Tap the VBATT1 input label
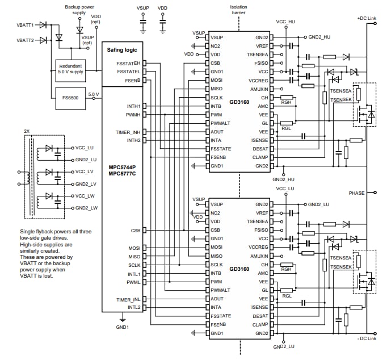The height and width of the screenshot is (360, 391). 25,25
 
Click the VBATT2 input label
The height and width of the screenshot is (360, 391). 25,41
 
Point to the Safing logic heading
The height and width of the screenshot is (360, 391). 123,50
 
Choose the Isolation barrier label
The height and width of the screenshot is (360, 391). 238,10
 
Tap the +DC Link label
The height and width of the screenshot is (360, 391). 367,18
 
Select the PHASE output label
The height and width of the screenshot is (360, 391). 356,193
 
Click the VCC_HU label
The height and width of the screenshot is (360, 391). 285,21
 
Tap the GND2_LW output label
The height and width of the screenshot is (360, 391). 86,208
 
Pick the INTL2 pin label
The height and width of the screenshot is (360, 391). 134,307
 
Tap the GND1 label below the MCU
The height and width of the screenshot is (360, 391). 123,327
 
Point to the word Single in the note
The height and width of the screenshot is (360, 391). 28,232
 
